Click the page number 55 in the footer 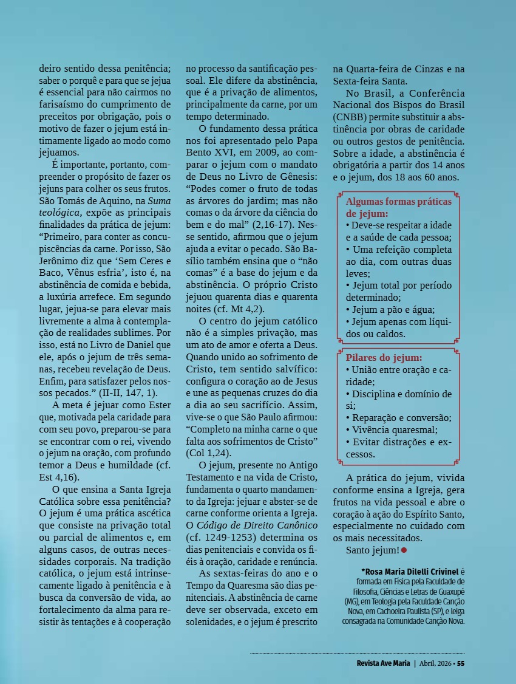[x=461, y=663]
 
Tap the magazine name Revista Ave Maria [x=383, y=663]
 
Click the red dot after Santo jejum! [x=404, y=550]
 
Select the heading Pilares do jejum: [x=384, y=358]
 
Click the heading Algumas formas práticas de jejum [x=398, y=207]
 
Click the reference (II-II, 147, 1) [x=128, y=392]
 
